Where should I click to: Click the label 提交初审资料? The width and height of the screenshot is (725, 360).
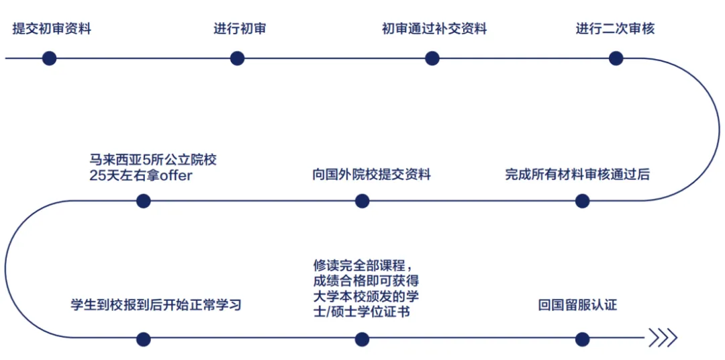[x=52, y=29]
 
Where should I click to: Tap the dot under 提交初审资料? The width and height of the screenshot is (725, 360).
[x=49, y=58]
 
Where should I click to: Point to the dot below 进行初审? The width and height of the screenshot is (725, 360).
[x=237, y=58]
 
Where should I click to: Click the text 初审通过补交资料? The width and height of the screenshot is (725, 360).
[x=434, y=29]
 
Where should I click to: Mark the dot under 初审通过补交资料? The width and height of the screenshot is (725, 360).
[x=432, y=58]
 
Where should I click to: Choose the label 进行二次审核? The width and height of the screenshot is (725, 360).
[x=615, y=29]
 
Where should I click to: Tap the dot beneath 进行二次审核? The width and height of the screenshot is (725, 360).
[x=616, y=58]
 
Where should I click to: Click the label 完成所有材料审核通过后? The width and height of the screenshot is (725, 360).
[x=577, y=175]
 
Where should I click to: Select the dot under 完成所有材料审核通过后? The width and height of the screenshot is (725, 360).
[x=583, y=201]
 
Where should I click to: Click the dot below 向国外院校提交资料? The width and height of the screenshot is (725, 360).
[x=362, y=201]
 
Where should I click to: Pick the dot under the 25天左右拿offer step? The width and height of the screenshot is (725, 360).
[x=143, y=201]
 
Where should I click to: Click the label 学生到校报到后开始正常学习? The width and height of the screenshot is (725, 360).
[x=156, y=306]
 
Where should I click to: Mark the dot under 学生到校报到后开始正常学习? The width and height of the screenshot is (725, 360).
[x=143, y=339]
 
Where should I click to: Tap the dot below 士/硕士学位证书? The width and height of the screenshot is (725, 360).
[x=362, y=339]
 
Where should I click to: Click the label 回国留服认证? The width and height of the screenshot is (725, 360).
[x=577, y=306]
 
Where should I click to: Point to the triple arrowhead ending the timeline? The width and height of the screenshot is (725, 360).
[x=662, y=339]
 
